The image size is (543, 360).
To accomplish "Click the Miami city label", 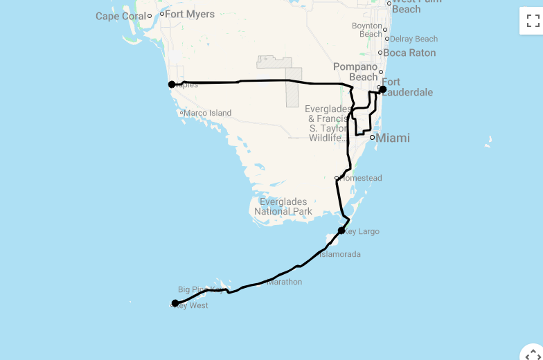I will tap(393, 138).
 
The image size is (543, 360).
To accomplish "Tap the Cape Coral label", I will tap(121, 16).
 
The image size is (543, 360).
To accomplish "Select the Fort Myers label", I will tap(190, 14).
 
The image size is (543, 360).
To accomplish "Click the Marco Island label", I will tap(208, 113).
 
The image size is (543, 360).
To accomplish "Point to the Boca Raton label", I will tap(409, 53).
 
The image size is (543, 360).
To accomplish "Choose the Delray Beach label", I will tap(414, 39).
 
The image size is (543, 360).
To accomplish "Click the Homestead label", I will tap(361, 178).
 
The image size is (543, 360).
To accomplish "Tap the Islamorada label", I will tap(339, 254).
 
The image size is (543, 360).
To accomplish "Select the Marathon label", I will tap(285, 282).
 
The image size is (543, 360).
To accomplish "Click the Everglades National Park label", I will tap(283, 206).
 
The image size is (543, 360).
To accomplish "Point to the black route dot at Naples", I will tap(172, 84).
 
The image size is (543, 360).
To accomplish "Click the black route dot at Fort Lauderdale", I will tap(383, 89).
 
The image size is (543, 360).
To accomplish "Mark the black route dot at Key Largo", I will tap(341, 231).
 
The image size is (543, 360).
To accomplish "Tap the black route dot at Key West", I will tap(175, 303).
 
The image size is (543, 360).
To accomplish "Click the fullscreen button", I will tap(533, 21).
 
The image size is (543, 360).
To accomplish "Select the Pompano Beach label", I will tap(355, 71).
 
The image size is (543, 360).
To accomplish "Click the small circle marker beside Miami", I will tap(372, 137).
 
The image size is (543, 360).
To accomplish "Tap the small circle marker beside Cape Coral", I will tap(150, 16).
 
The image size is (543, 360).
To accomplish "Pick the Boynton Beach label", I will tap(367, 30).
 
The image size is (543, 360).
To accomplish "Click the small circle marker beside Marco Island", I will tap(181, 113).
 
